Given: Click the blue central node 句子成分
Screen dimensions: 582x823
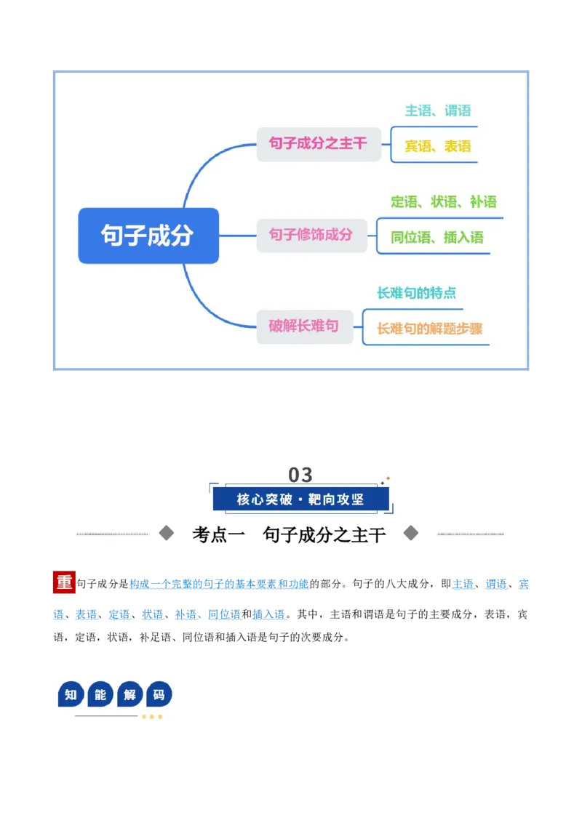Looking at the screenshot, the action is pos(148,236).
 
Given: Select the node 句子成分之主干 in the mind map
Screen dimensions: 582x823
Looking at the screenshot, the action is pos(319,144).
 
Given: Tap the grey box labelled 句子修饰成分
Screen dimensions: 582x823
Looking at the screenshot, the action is pos(311,235).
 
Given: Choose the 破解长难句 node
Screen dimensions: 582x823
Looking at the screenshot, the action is pos(304,326).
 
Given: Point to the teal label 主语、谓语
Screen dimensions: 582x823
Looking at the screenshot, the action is pos(437,111).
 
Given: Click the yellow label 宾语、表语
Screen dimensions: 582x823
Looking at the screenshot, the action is pos(437,146).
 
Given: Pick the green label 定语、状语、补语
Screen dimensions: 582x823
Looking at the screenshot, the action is pos(443,202).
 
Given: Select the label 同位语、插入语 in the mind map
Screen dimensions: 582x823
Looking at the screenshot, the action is pos(437,238).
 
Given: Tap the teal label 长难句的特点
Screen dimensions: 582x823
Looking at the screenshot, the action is pos(417,293).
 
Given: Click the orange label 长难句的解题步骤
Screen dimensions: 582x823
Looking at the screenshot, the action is pos(430,329).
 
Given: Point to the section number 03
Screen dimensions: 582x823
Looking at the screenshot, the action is pos(300,475).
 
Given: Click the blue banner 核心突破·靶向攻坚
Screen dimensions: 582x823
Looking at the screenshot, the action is pos(301,499).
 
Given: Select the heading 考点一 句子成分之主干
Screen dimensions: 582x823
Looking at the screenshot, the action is pos(289,535).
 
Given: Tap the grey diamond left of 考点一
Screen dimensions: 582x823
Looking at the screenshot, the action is pos(167,533).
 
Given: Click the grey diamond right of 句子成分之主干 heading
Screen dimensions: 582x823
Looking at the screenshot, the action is pos(411,533).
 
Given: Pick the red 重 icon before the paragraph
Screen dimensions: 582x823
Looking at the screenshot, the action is pos(64,582).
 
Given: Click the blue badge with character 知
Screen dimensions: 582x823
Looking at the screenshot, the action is pos(71,695).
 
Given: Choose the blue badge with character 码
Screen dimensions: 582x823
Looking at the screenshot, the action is pos(159,695).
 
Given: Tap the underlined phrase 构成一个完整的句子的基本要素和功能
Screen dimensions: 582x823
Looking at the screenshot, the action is pos(219,585).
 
